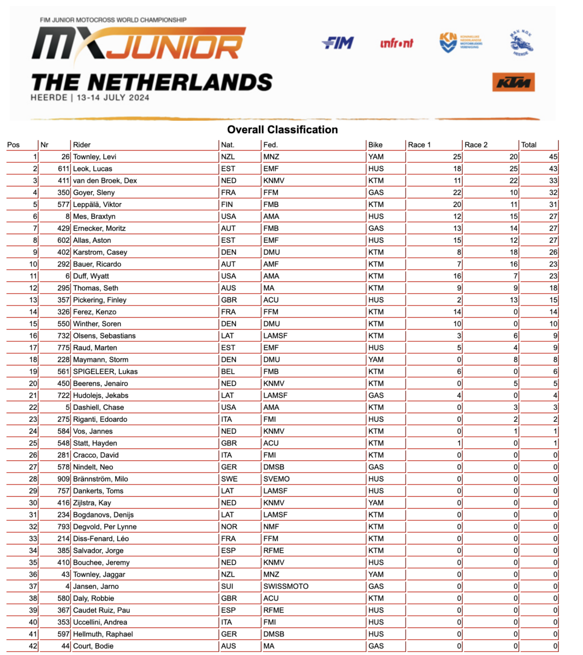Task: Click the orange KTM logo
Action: (513, 82)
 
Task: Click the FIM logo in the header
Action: (338, 43)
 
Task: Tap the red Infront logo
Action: (397, 43)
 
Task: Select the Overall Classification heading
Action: (282, 130)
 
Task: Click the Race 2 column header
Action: (476, 145)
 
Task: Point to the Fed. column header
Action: (270, 145)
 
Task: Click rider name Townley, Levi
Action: (94, 157)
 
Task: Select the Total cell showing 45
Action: (553, 157)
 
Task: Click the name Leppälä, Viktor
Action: (97, 205)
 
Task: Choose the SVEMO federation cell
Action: (276, 479)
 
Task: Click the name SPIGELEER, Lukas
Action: (105, 372)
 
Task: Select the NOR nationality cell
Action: (229, 527)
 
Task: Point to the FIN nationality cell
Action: (227, 205)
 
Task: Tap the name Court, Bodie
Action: (93, 646)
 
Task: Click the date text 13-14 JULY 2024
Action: (113, 98)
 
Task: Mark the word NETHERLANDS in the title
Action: (180, 82)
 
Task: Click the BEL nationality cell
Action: (228, 372)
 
